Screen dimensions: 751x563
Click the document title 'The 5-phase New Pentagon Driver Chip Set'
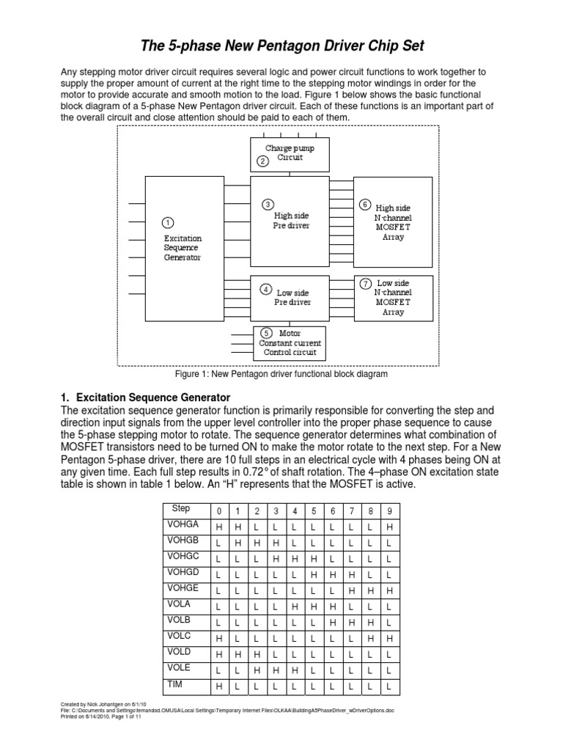282,47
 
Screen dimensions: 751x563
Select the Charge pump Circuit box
290,154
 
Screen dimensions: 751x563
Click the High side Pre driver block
290,220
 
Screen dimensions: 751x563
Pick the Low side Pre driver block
291,296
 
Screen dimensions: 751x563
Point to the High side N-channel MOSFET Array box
392,222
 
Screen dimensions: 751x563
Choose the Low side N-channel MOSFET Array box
392,297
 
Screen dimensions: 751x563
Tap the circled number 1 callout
168,222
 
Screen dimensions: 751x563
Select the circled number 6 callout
365,205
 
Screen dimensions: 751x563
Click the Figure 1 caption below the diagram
281,374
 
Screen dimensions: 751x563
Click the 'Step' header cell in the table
180,508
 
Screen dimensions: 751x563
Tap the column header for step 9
389,510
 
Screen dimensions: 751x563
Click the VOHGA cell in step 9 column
389,527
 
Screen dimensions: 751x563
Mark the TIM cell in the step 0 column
218,686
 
